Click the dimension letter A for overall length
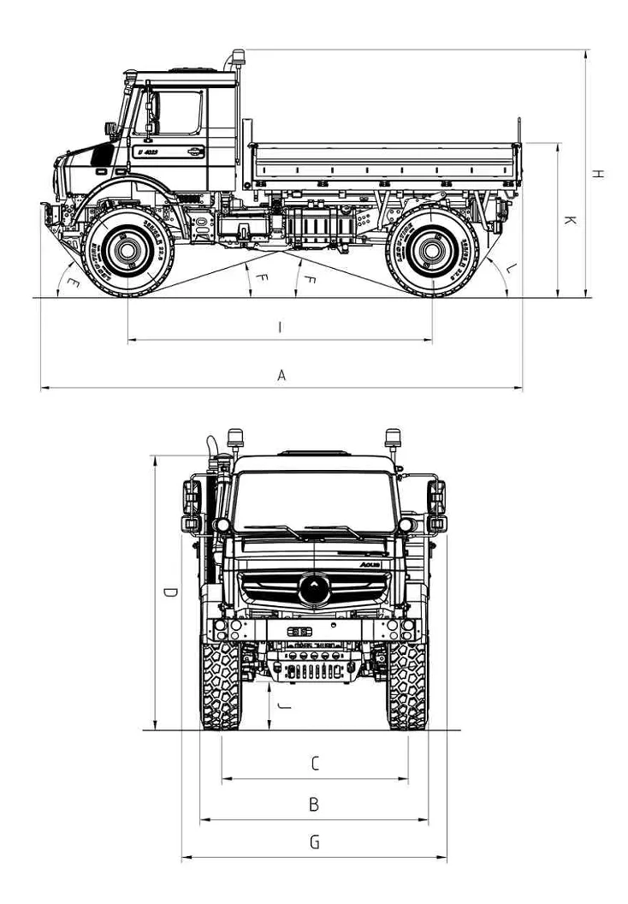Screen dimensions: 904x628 281,375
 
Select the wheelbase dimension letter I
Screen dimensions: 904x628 281,326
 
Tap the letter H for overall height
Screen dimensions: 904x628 599,174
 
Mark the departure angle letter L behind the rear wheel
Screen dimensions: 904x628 511,269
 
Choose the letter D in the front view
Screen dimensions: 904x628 171,592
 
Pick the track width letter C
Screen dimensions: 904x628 314,763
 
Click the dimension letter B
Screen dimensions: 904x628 314,805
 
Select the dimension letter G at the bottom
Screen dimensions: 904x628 314,842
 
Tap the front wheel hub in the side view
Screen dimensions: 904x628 127,251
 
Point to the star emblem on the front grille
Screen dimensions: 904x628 314,588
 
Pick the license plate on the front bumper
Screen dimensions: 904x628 299,631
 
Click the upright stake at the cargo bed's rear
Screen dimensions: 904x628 518,150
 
